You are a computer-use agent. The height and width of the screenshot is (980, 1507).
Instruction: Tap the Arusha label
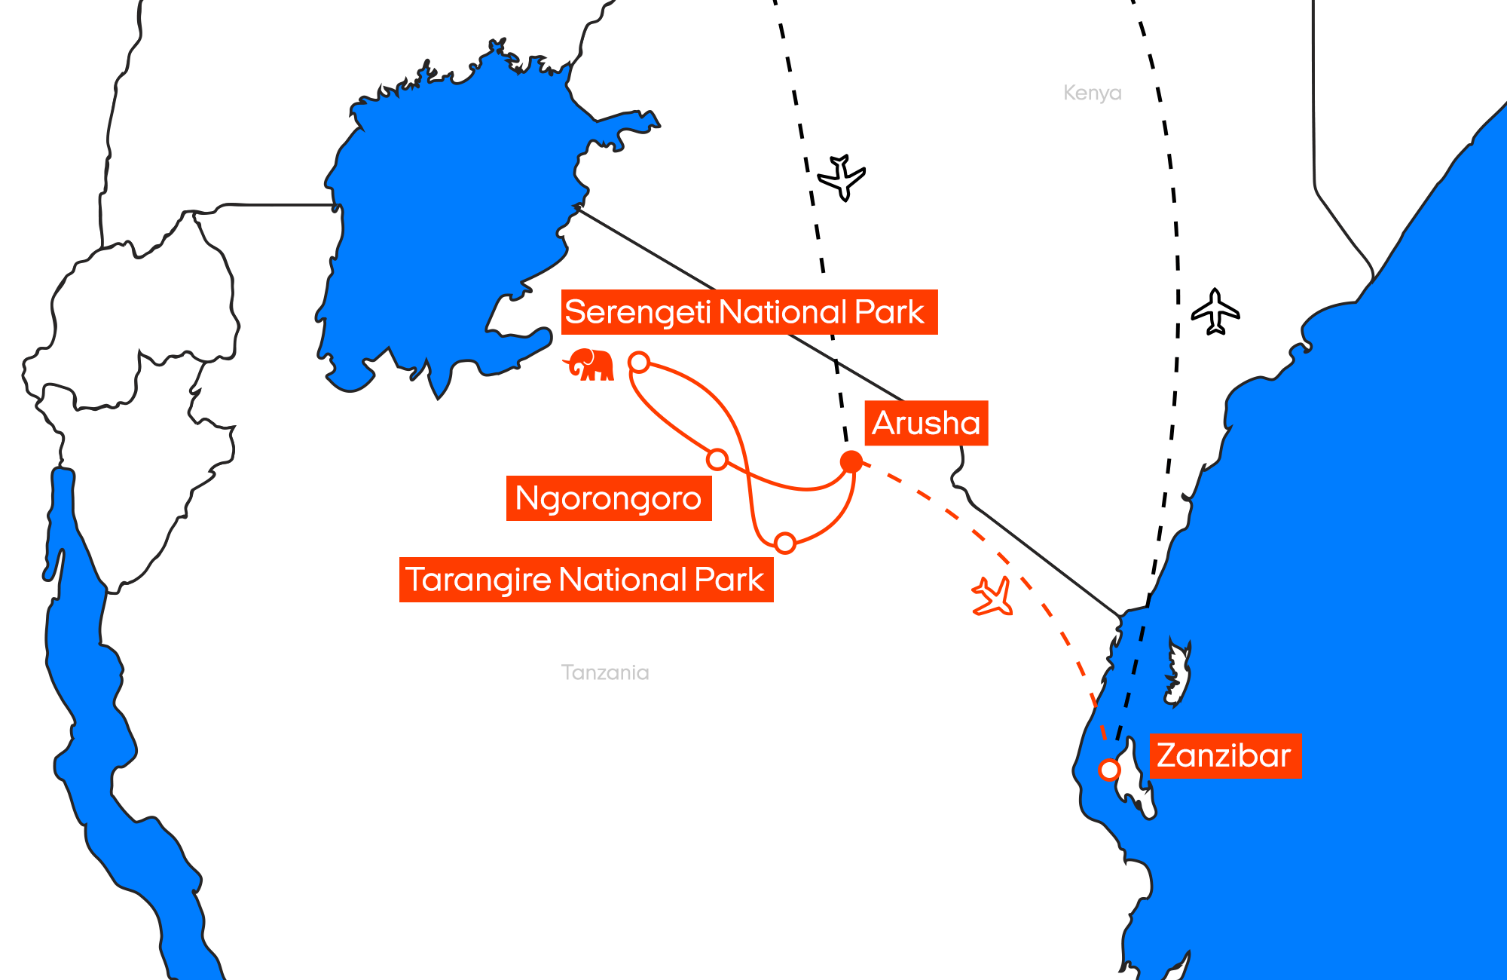tap(926, 423)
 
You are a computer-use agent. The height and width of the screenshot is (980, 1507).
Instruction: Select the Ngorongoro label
tap(609, 498)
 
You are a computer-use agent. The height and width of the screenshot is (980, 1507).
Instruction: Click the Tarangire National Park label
tap(586, 580)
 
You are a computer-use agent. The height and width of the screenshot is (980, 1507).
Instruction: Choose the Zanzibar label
tap(1224, 755)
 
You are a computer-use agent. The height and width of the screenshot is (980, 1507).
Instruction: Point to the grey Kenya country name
tap(1092, 93)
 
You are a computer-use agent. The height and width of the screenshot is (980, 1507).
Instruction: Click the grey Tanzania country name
tap(605, 672)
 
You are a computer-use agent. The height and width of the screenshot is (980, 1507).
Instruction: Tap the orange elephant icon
tap(591, 365)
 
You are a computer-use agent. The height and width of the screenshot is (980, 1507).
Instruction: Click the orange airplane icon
tap(992, 596)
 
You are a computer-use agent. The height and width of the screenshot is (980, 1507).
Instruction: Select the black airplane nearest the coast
tap(1215, 311)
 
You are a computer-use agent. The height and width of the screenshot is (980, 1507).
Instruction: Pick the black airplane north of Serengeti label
tap(842, 178)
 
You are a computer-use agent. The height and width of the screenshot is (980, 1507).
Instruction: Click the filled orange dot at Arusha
tap(851, 461)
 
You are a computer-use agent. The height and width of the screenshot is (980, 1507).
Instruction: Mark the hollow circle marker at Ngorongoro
tap(717, 459)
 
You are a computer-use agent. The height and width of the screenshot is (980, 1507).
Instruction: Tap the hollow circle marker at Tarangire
tap(785, 543)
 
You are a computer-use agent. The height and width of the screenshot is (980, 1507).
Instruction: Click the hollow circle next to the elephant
tap(639, 363)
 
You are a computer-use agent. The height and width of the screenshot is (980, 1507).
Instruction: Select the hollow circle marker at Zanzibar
tap(1109, 770)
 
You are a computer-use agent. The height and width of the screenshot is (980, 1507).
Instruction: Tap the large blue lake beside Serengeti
tap(445, 226)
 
